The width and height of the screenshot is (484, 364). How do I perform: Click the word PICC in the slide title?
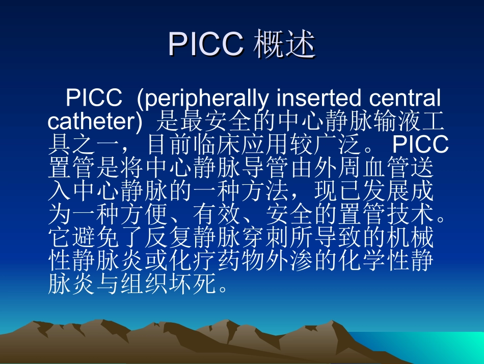click(206, 45)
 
